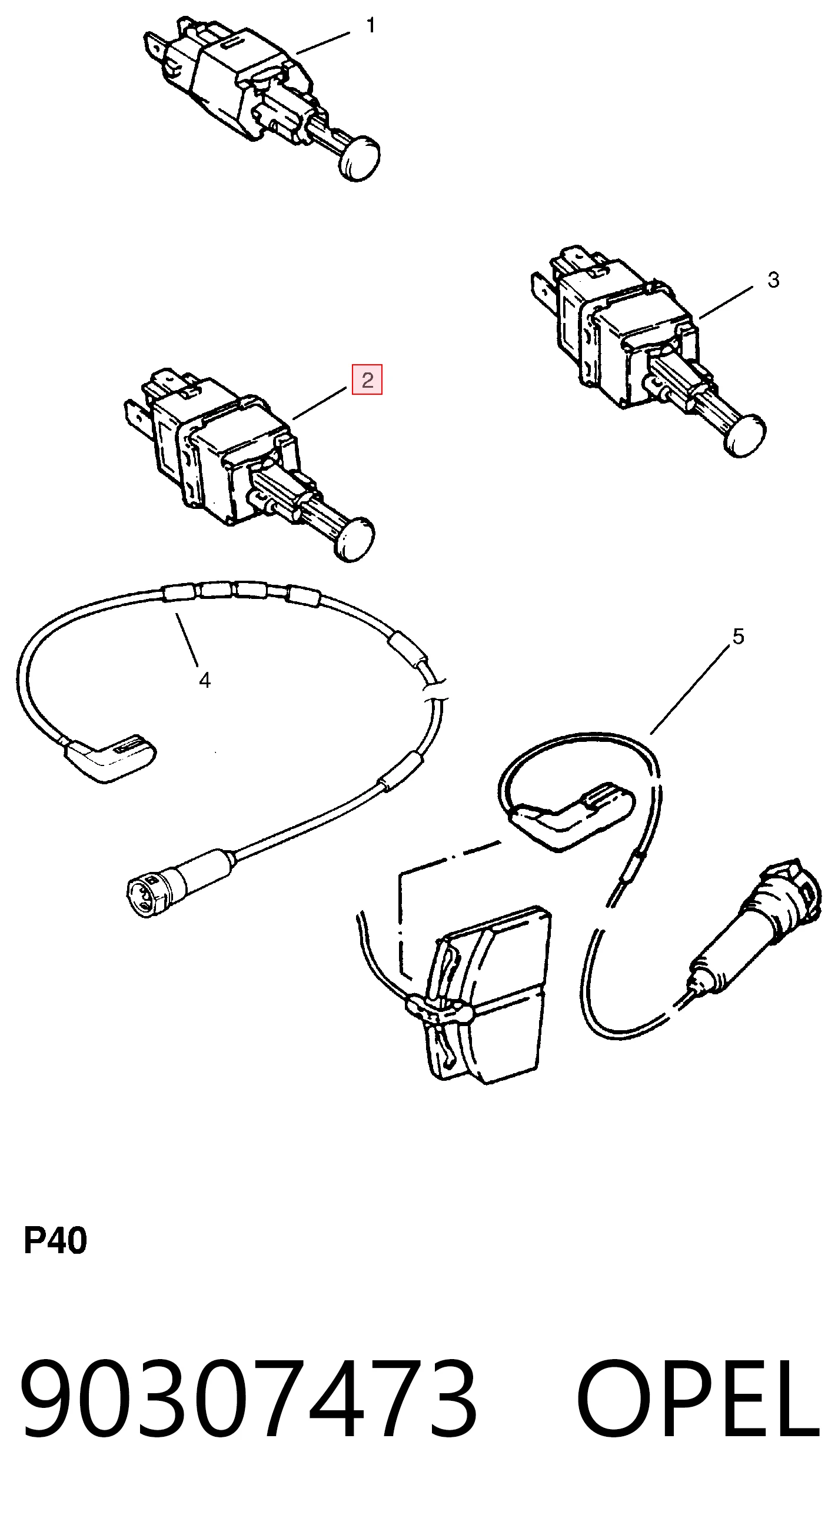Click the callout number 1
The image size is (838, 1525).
[x=371, y=25]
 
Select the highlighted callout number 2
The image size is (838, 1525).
[x=367, y=379]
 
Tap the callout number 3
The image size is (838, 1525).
[x=773, y=280]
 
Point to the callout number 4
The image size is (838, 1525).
[x=205, y=681]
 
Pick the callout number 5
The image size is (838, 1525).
[x=738, y=637]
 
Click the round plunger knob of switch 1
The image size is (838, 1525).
[x=360, y=157]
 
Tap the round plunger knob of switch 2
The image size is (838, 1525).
[x=355, y=540]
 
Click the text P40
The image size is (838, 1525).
[x=55, y=1241]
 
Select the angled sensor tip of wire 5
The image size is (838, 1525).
[x=571, y=817]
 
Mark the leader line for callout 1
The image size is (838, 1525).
[x=323, y=43]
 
